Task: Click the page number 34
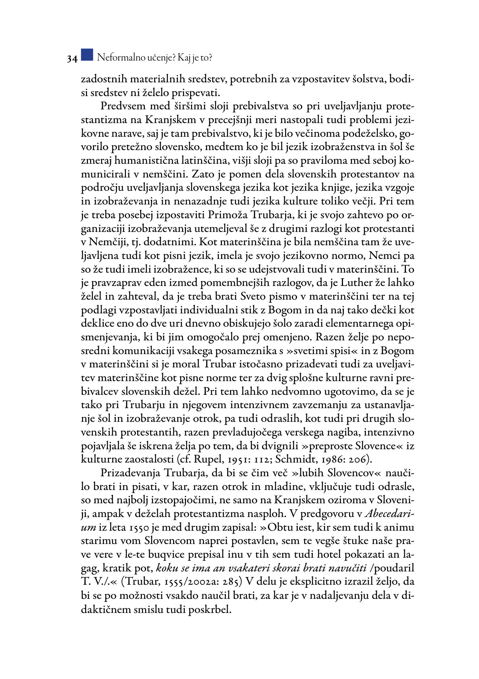[x=72, y=59]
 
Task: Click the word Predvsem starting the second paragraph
[x=122, y=106]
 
